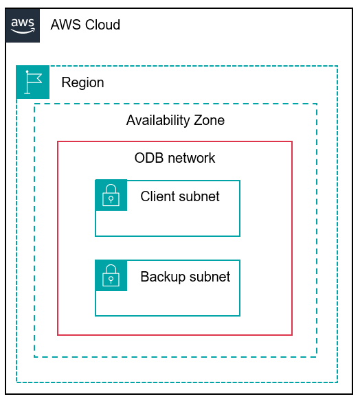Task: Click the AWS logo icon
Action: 23,25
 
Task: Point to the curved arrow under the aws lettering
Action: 23,31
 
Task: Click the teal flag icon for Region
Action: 33,82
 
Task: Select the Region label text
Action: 82,83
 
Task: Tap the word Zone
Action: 208,121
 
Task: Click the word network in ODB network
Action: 190,159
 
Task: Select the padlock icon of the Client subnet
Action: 111,196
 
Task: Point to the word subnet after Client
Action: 199,197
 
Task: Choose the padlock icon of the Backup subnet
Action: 111,276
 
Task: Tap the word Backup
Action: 162,277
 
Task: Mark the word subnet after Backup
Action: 209,277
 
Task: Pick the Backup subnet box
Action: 179,301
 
